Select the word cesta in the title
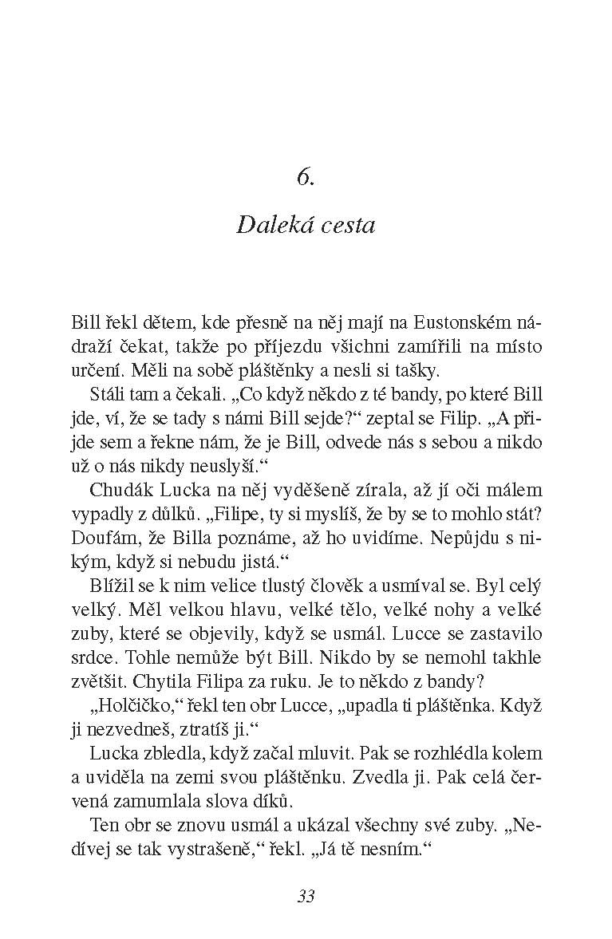click(343, 225)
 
